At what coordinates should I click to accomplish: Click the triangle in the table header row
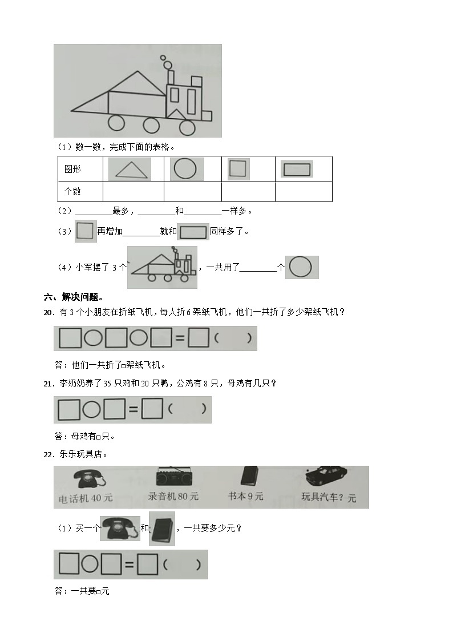[130, 170]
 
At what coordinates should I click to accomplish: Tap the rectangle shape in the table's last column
[297, 169]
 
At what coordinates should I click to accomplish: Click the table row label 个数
[72, 192]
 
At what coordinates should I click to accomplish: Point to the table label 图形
[72, 170]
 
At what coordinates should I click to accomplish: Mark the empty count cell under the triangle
[133, 192]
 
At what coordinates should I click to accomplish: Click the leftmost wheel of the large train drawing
[116, 123]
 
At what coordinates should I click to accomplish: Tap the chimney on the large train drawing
[171, 77]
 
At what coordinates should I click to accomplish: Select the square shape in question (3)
[84, 231]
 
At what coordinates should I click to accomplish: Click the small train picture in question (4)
[162, 267]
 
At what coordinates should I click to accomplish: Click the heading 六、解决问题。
[74, 297]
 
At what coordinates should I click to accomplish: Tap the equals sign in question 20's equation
[179, 339]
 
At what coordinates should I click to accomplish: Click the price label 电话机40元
[86, 498]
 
